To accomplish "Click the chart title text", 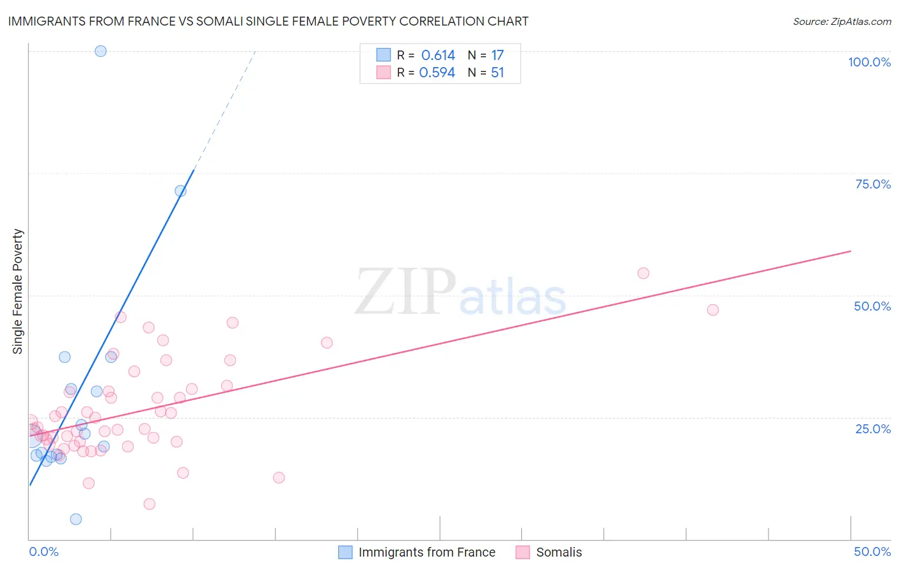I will tap(268, 21).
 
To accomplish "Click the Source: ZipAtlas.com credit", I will tap(841, 22).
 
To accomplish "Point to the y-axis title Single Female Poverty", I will tap(18, 291).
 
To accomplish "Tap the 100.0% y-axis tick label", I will tap(869, 62).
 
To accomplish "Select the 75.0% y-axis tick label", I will tap(873, 184).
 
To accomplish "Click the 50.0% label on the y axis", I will tap(872, 306).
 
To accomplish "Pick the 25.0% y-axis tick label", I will tap(873, 428).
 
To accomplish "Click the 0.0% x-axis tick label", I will tap(43, 551).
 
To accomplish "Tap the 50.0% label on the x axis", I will tap(872, 551).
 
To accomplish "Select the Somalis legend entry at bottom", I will tap(559, 552).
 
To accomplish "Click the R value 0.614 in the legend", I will tap(438, 56).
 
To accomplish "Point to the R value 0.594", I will tap(437, 73).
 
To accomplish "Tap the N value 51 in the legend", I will tap(497, 73).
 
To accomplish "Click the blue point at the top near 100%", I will tap(100, 51).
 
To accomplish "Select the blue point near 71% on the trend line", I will tap(180, 191).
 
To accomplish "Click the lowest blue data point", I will tap(76, 519).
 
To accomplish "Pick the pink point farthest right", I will tap(713, 310).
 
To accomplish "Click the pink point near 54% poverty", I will tap(643, 273).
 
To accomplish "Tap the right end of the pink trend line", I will tap(850, 251).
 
